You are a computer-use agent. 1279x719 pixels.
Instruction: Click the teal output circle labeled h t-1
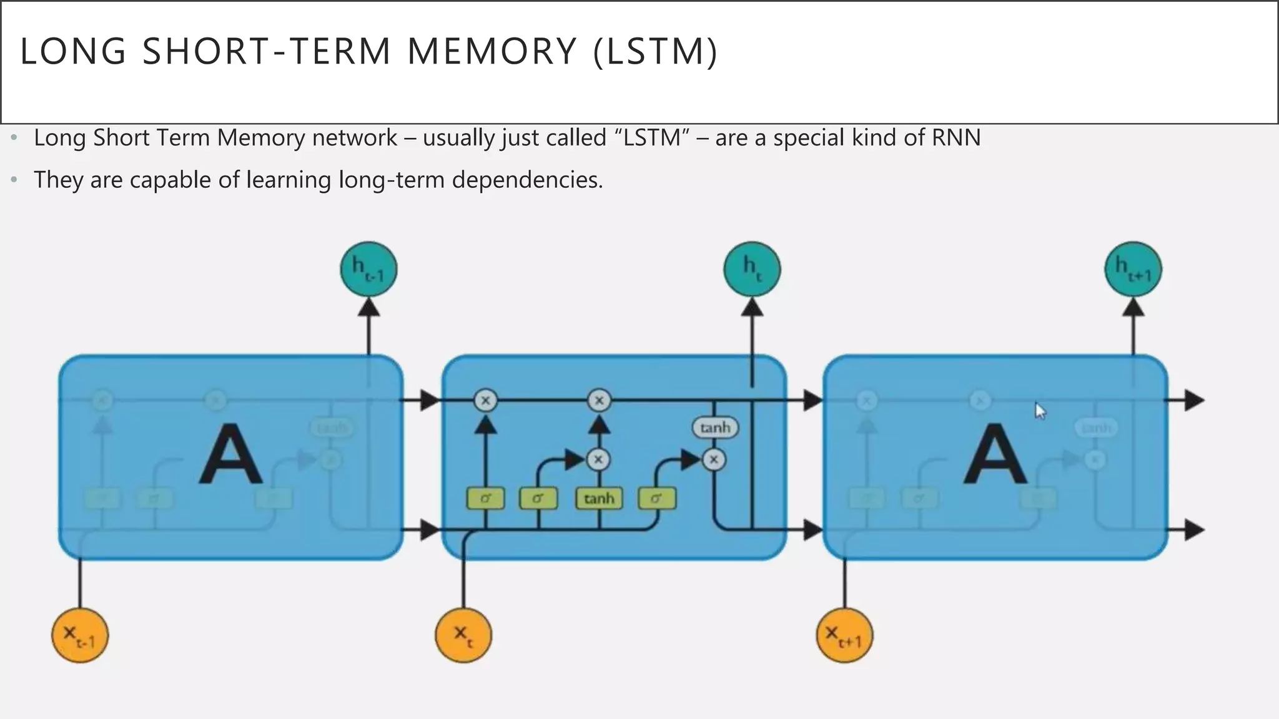[368, 270]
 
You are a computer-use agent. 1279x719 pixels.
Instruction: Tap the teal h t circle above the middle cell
[752, 270]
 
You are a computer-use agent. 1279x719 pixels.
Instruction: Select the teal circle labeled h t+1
[1133, 270]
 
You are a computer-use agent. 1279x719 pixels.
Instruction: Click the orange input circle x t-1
[80, 635]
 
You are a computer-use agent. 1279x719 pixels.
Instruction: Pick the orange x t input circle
[463, 635]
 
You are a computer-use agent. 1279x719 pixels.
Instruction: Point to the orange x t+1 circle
[844, 635]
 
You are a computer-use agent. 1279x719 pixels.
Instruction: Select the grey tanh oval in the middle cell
[715, 428]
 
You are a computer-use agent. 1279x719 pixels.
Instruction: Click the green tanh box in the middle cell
[599, 498]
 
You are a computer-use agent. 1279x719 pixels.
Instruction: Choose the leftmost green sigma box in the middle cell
[485, 498]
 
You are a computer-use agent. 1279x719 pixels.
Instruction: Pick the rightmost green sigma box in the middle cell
[656, 498]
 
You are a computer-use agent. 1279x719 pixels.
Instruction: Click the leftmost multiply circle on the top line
[485, 400]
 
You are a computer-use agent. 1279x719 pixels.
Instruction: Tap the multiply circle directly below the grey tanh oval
[714, 460]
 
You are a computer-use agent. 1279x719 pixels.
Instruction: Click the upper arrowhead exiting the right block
[1193, 400]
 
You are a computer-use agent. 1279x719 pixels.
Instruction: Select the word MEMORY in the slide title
[491, 51]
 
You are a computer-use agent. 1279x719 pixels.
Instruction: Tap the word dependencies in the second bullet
[527, 180]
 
